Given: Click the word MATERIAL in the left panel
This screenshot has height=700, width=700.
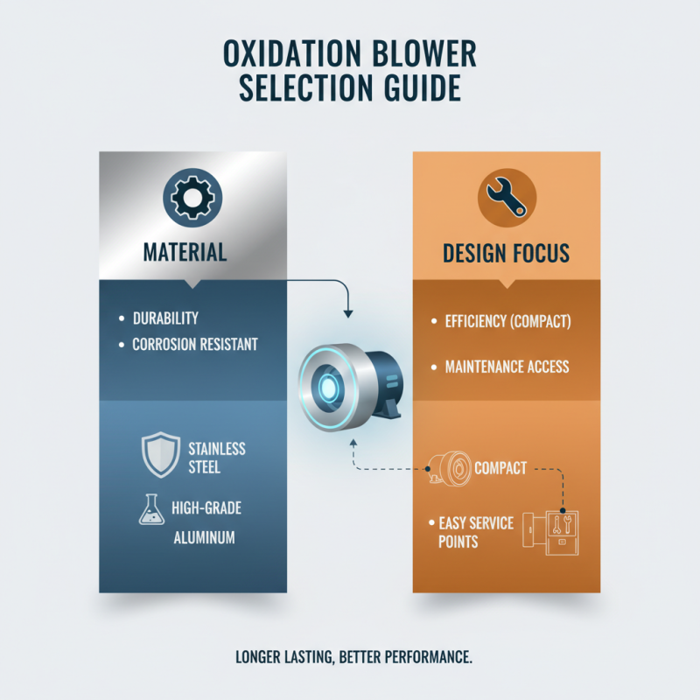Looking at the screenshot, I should tap(185, 253).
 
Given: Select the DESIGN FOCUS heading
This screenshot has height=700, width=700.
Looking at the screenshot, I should tap(506, 254).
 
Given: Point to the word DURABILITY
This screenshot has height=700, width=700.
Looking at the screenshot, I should tap(165, 317).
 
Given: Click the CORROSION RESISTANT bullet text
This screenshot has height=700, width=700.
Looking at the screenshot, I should tap(194, 344).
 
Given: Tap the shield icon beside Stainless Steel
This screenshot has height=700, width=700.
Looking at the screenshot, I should tap(160, 455).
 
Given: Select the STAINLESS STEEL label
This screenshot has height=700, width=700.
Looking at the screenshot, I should tap(217, 458).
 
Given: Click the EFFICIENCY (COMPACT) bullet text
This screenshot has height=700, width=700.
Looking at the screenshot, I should tap(507, 322).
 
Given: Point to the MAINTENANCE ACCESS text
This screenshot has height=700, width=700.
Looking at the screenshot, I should tap(507, 366).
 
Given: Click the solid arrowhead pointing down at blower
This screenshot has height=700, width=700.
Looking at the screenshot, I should tap(347, 312).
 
